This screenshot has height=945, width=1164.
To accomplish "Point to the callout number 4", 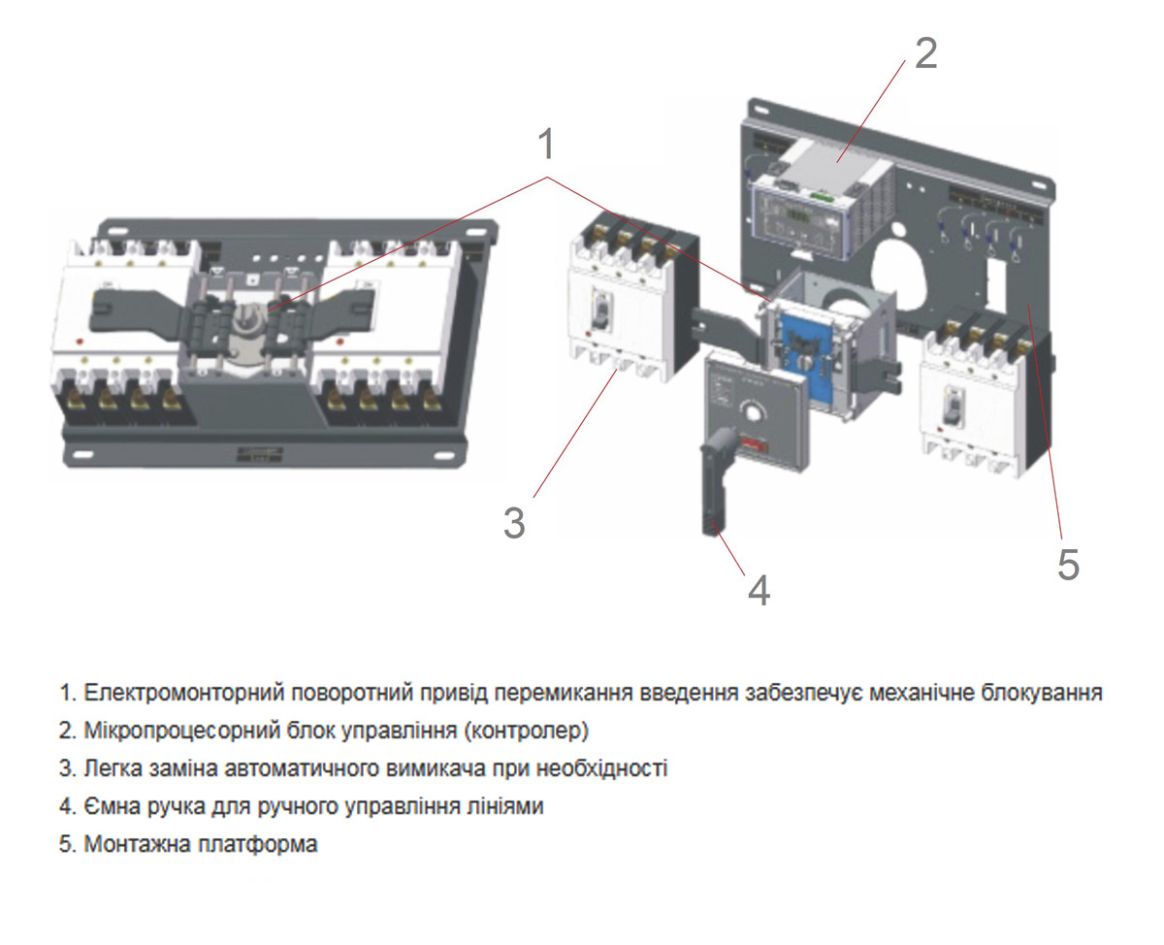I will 759,589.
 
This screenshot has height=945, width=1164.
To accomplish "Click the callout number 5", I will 1067,564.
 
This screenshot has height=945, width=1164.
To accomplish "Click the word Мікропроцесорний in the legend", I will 171,730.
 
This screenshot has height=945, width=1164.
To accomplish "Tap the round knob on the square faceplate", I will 751,413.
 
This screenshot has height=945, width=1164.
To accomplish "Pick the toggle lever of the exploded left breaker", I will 602,310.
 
